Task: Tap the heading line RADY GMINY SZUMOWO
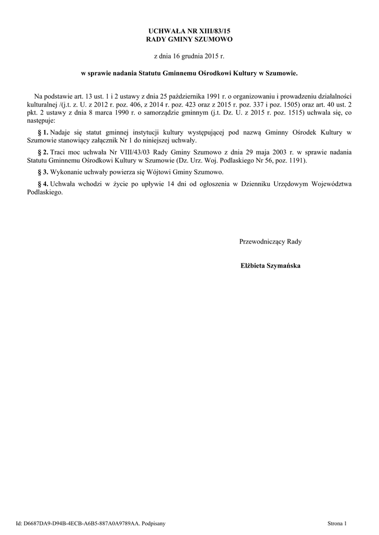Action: coord(189,40)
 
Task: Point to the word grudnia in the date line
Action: coord(199,55)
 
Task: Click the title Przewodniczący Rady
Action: coord(270,242)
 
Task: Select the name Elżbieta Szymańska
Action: coord(270,265)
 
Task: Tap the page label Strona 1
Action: coord(336,523)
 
